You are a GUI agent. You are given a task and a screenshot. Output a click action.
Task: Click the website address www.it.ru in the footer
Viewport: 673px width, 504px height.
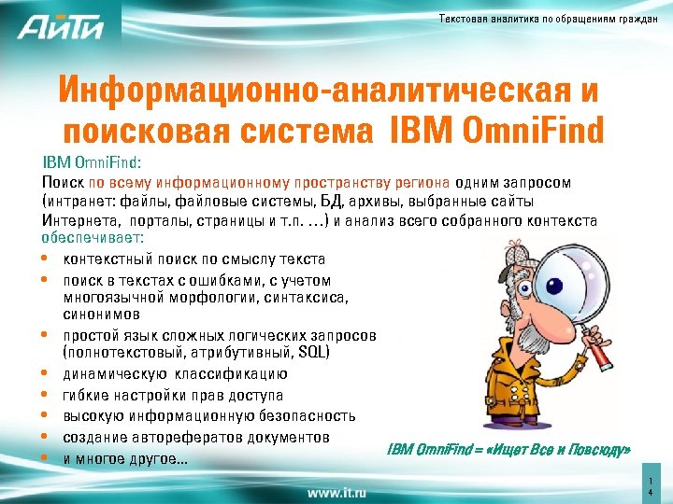point(336,491)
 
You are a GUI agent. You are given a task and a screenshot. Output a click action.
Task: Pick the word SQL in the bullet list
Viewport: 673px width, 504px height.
point(310,352)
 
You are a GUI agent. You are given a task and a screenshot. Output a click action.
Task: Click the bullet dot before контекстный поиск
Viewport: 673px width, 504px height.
point(46,259)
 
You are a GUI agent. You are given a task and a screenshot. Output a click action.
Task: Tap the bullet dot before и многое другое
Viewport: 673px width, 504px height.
point(46,458)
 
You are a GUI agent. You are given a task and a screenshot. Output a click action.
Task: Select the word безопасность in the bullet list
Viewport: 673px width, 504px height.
point(308,415)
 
